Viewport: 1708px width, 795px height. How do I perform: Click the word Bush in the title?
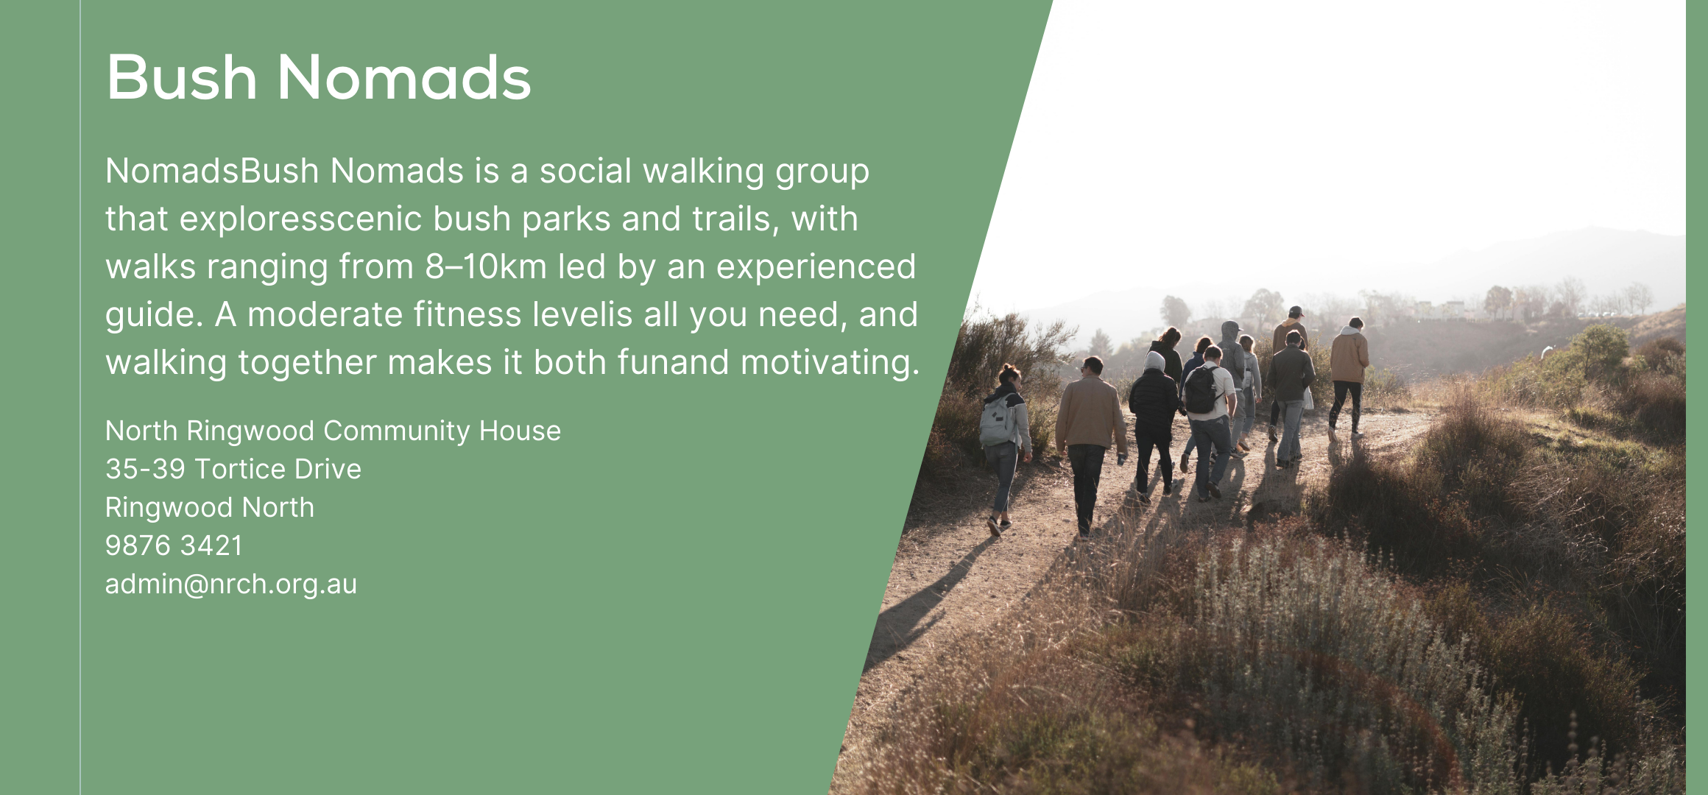[x=182, y=77]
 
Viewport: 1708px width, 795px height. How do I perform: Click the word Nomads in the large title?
[x=404, y=77]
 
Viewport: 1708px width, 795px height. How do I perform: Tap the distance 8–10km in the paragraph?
[x=486, y=266]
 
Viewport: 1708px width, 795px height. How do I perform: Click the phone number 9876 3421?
[x=174, y=546]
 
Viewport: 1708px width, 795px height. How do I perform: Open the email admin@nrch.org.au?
[x=231, y=584]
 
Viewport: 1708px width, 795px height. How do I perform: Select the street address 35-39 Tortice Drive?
[x=233, y=470]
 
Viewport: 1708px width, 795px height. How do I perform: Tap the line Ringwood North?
[x=210, y=508]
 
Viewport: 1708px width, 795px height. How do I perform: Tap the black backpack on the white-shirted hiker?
[x=1201, y=389]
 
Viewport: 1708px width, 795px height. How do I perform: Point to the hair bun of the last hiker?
[x=1007, y=368]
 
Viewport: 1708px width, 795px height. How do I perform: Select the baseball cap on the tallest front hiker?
[x=1296, y=311]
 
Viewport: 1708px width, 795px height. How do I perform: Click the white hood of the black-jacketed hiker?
[x=1154, y=361]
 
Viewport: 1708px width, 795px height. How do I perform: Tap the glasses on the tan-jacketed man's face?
[x=1084, y=366]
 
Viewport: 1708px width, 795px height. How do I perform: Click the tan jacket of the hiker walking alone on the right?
[x=1349, y=357]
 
